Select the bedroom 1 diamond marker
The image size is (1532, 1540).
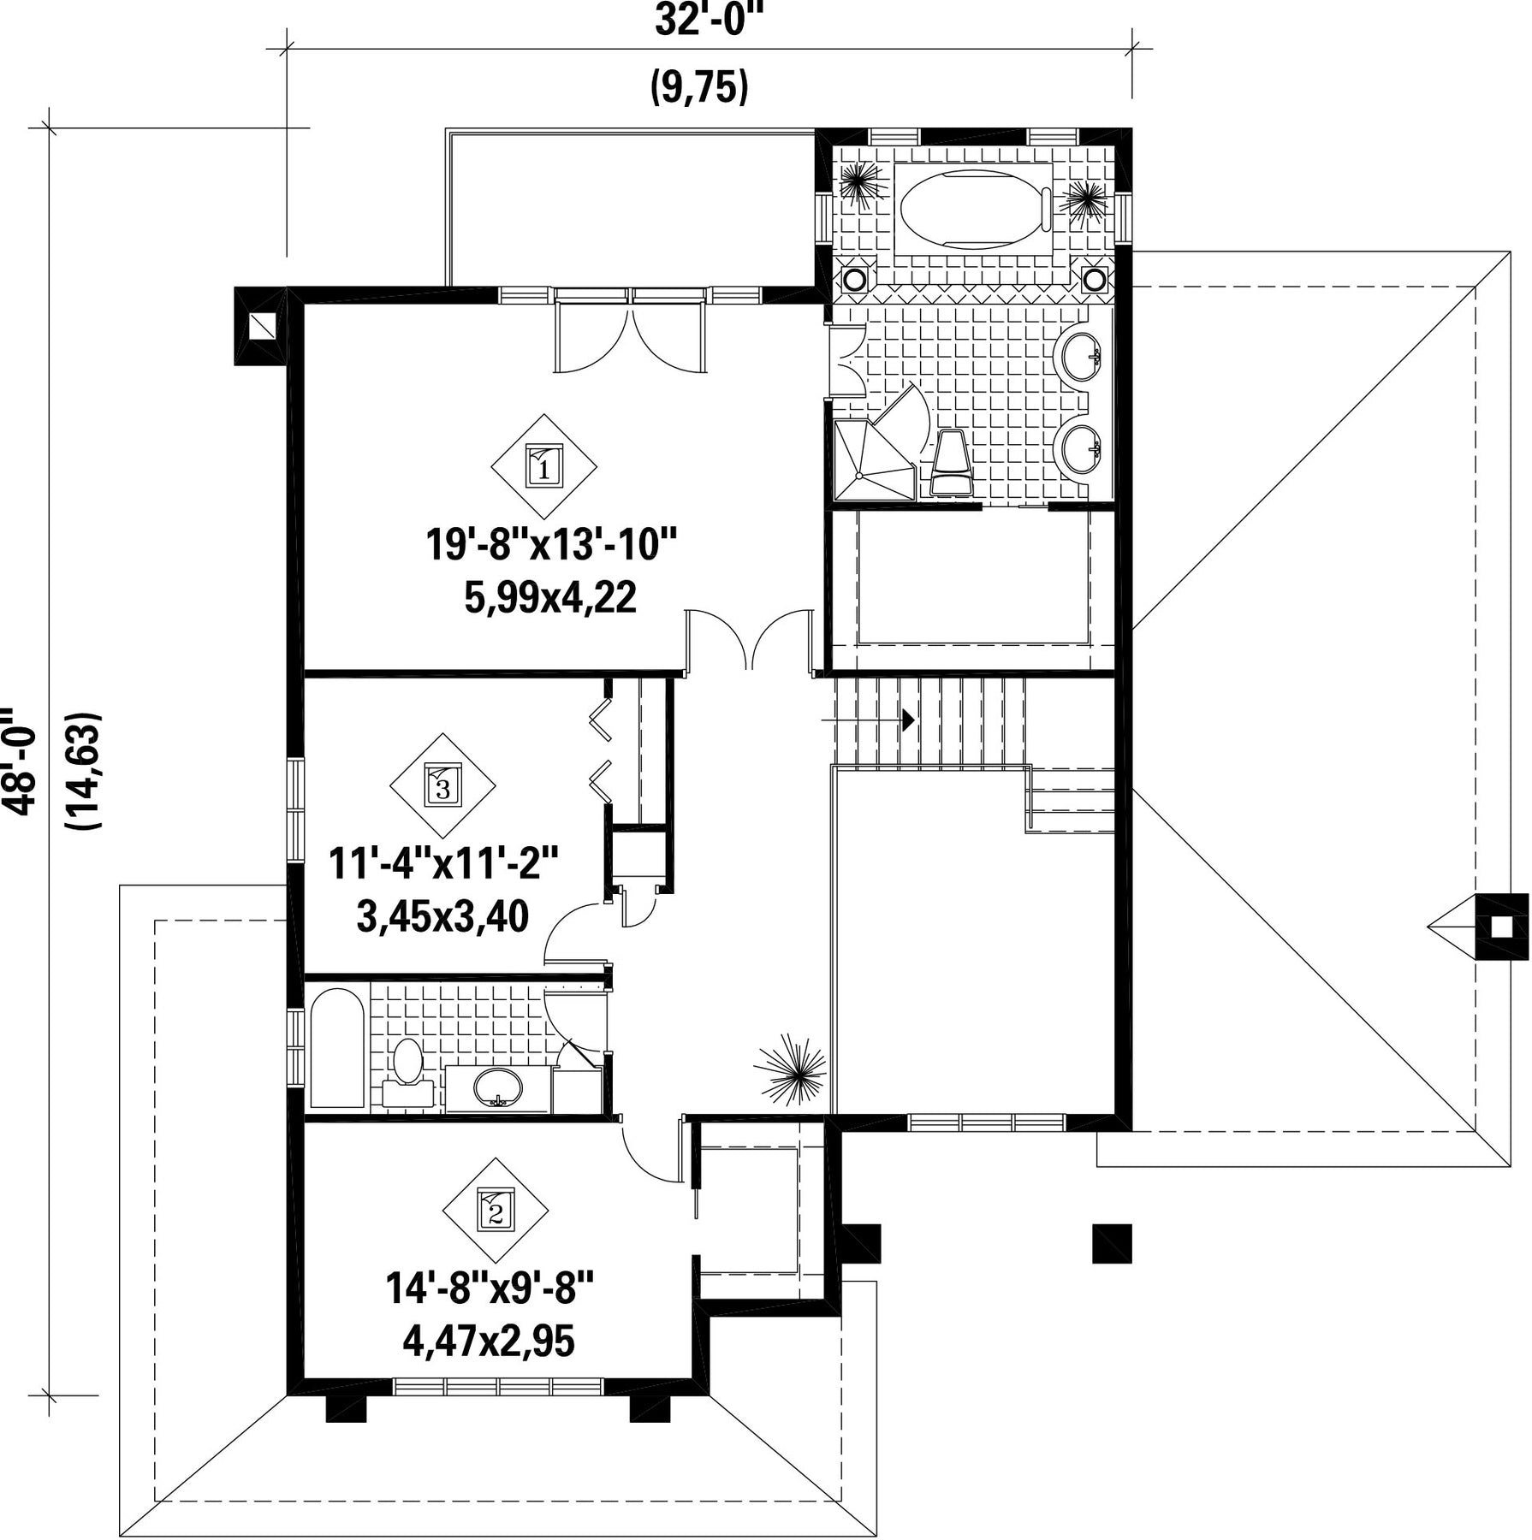click(x=543, y=467)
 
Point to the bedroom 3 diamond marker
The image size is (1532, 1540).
click(x=442, y=785)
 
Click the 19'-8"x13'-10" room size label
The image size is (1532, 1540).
click(x=551, y=544)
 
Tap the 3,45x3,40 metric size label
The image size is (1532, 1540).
click(x=442, y=917)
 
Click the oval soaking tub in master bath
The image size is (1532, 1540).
click(x=976, y=210)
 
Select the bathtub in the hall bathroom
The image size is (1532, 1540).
click(x=337, y=1048)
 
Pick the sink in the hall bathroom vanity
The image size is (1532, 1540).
click(x=497, y=1087)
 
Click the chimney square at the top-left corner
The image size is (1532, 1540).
click(x=262, y=326)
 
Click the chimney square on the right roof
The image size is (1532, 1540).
click(x=1501, y=927)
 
